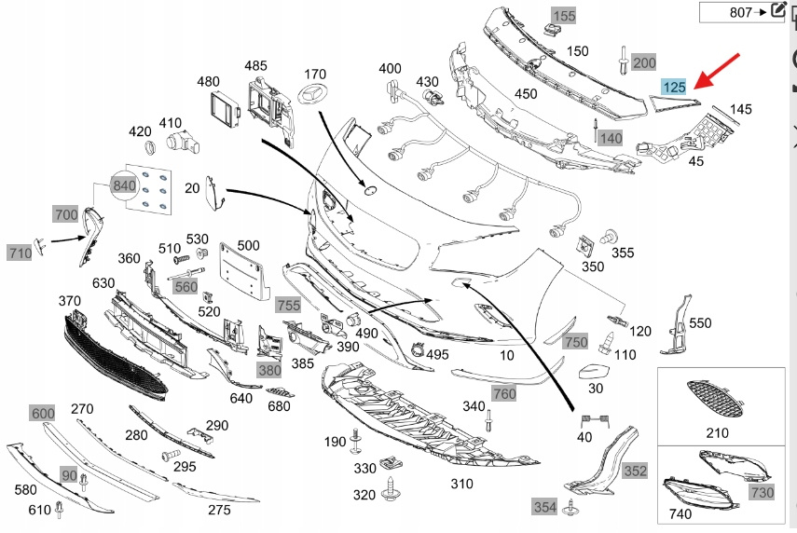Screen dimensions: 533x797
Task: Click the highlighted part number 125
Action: [674, 88]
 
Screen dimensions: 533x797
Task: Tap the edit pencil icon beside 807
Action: [777, 11]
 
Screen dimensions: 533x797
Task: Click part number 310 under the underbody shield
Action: [462, 484]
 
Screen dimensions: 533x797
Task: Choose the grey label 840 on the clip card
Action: [123, 184]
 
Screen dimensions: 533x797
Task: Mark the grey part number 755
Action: [288, 304]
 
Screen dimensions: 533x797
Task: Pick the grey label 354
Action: [545, 506]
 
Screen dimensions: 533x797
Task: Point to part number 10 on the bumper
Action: [507, 355]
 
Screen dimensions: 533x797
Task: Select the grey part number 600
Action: [43, 413]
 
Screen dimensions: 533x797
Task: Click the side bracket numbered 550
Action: [678, 325]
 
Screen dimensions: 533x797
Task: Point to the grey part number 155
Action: [564, 16]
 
